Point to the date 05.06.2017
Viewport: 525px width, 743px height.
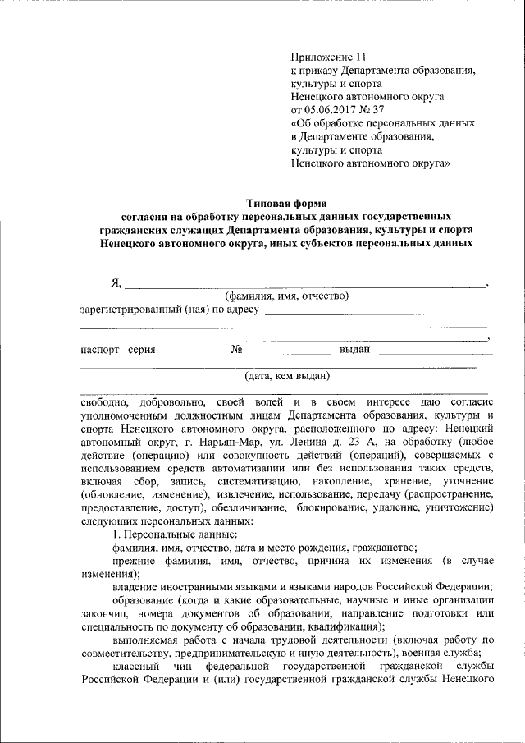pos(333,109)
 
